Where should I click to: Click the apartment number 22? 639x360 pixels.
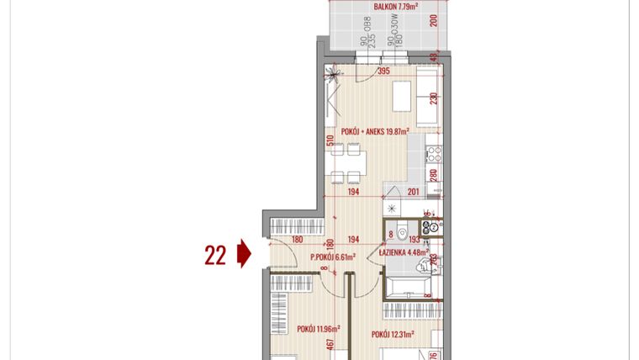pyautogui.click(x=216, y=253)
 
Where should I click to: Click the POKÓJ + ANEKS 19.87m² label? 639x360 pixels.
pyautogui.click(x=376, y=131)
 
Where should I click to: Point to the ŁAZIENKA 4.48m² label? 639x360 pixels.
pyautogui.click(x=404, y=251)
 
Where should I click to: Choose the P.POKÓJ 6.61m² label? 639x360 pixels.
pyautogui.click(x=333, y=257)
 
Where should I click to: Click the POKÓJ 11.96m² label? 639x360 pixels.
pyautogui.click(x=318, y=328)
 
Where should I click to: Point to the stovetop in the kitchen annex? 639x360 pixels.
pyautogui.click(x=435, y=155)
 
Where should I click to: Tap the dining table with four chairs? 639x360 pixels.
pyautogui.click(x=347, y=165)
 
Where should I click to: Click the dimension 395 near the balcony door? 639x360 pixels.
pyautogui.click(x=383, y=71)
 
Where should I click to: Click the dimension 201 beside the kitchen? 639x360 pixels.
pyautogui.click(x=414, y=193)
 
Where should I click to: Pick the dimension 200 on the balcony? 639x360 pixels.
pyautogui.click(x=434, y=22)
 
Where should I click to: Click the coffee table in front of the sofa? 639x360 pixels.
pyautogui.click(x=399, y=96)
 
